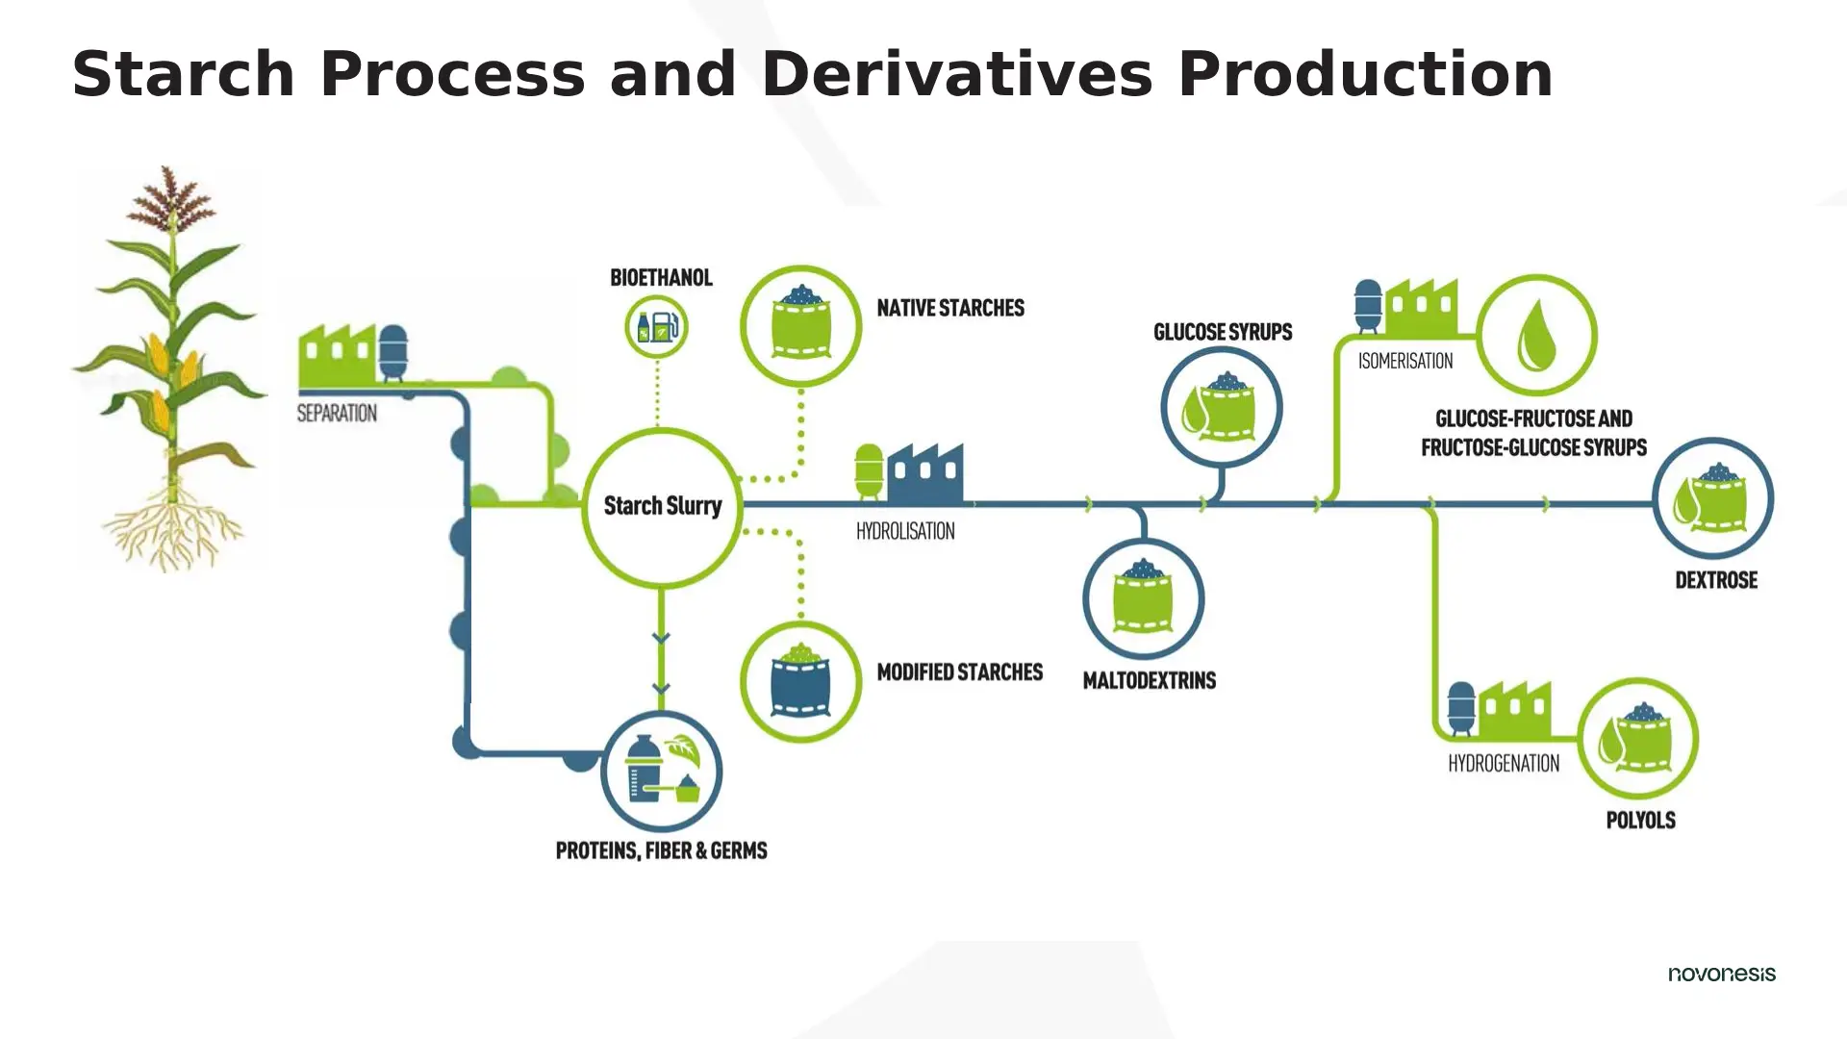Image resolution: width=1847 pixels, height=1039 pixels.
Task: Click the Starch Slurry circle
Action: click(662, 506)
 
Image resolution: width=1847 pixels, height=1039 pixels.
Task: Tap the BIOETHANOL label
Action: click(661, 278)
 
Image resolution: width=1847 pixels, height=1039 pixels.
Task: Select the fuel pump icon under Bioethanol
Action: click(657, 327)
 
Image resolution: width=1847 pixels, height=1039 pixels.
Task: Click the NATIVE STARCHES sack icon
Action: click(800, 326)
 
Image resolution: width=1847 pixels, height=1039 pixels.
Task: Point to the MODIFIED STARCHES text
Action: click(959, 672)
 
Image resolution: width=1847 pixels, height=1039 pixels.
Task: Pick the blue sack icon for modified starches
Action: click(800, 681)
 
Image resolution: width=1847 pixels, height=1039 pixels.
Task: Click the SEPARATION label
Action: click(337, 414)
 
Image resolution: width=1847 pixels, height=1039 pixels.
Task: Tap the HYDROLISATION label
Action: click(905, 531)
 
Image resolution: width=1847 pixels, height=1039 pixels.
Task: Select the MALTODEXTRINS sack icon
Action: click(1143, 598)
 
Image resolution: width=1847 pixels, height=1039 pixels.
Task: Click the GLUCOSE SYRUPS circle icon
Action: click(1221, 407)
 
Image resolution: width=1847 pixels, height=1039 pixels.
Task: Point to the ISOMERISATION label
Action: click(1405, 362)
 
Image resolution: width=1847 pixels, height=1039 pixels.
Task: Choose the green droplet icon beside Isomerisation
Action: click(1536, 335)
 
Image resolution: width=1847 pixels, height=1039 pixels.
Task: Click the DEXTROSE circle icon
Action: click(1712, 498)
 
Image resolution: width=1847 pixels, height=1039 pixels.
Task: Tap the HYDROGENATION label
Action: click(1504, 764)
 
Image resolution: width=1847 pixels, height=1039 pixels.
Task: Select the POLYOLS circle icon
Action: click(1638, 738)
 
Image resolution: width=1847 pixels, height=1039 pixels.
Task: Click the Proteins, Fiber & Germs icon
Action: click(661, 772)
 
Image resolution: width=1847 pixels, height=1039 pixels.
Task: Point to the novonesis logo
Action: click(1721, 974)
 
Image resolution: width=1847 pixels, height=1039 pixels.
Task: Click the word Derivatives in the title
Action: click(956, 74)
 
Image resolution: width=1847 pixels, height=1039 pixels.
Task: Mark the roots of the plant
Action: click(173, 534)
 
